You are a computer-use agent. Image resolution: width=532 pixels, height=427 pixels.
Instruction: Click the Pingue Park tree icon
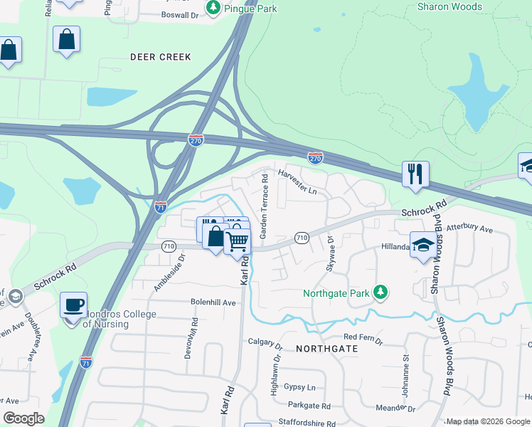(213, 8)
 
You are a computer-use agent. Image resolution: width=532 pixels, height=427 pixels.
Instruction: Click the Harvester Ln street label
(297, 182)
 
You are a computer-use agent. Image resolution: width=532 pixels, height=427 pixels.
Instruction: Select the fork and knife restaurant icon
(415, 173)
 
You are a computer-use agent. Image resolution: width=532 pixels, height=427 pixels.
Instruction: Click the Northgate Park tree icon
(381, 292)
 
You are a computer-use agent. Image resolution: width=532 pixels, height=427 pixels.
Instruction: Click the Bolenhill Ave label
(213, 302)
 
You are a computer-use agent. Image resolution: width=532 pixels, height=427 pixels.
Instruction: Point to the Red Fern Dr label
(363, 340)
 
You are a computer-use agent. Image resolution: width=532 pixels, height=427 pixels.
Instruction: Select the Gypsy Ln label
(299, 387)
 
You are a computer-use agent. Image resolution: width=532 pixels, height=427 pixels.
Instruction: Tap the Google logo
(23, 418)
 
